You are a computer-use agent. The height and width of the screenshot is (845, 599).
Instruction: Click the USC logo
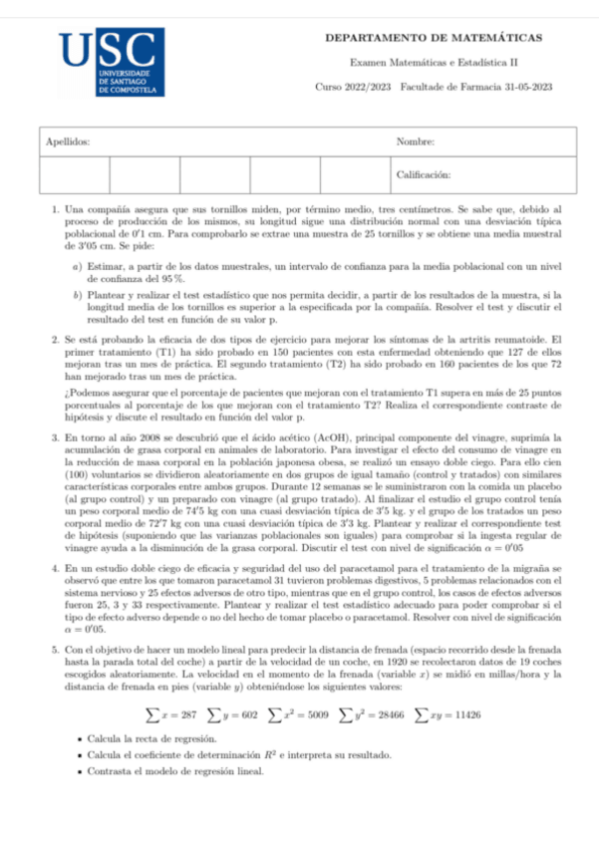(x=108, y=63)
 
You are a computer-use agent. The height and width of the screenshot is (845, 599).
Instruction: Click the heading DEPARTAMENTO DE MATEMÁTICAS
(x=434, y=38)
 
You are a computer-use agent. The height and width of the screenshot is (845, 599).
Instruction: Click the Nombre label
(x=415, y=141)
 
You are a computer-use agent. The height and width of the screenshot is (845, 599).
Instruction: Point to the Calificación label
(x=424, y=173)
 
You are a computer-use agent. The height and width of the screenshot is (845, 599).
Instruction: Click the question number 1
(x=54, y=211)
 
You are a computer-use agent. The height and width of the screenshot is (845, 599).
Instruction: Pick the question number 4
(x=54, y=567)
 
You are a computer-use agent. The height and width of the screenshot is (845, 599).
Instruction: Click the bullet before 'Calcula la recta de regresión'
(x=79, y=741)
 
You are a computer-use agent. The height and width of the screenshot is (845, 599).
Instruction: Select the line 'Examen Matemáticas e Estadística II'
(x=434, y=62)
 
